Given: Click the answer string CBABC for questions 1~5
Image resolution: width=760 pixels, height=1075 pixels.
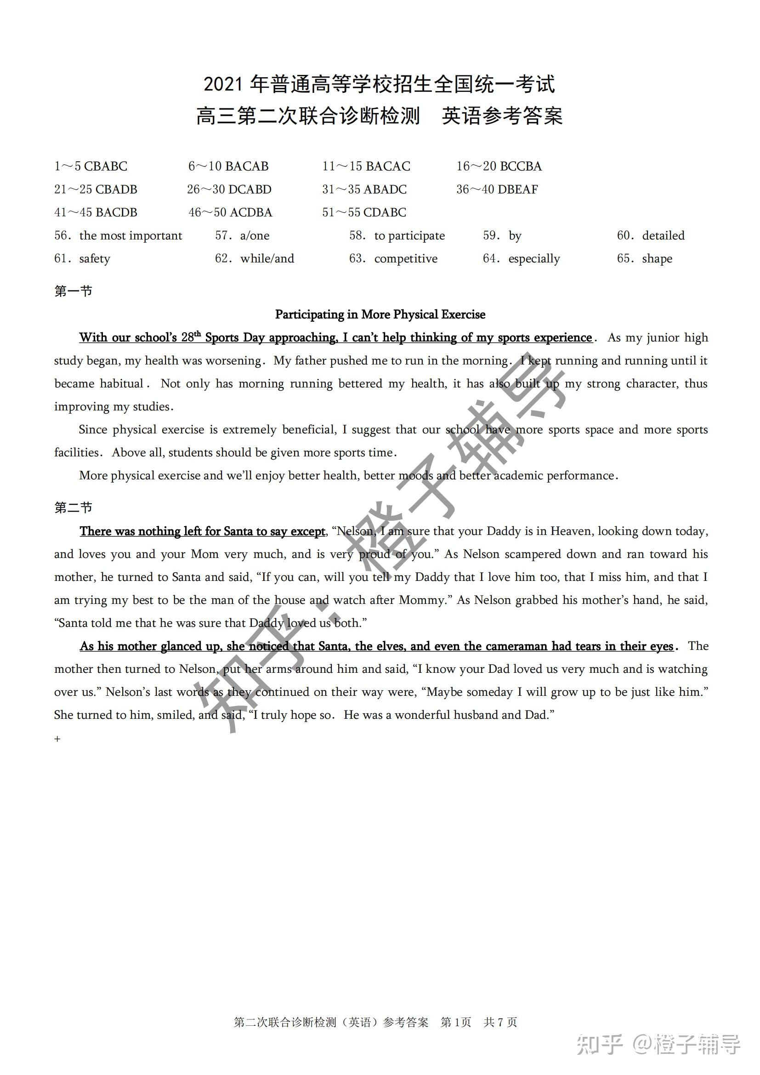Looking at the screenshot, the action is pyautogui.click(x=105, y=166).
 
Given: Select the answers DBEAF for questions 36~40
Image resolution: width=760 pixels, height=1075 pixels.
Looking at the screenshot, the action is pyautogui.click(x=517, y=189).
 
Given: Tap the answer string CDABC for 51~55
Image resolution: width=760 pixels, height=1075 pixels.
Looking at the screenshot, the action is pyautogui.click(x=384, y=213).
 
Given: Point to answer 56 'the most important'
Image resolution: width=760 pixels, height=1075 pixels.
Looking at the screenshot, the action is pyautogui.click(x=130, y=235).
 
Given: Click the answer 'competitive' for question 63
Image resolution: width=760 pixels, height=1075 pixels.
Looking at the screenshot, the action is pyautogui.click(x=406, y=258).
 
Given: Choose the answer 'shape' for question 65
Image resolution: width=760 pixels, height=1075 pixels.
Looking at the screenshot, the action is pyautogui.click(x=657, y=258).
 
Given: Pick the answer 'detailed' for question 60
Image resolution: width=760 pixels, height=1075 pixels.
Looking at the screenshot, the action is pyautogui.click(x=663, y=235).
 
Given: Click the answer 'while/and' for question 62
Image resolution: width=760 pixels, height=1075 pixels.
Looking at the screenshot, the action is pyautogui.click(x=267, y=258).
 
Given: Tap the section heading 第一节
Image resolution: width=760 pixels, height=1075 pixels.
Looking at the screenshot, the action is pyautogui.click(x=74, y=291).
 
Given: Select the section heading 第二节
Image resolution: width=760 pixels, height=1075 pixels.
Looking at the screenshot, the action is pyautogui.click(x=74, y=507).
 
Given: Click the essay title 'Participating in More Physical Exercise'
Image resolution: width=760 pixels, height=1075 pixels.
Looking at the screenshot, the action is pyautogui.click(x=380, y=315).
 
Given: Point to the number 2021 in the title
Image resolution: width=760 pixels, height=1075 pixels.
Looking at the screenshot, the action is pyautogui.click(x=223, y=84).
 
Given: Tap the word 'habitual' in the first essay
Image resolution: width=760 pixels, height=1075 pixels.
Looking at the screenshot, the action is pyautogui.click(x=122, y=383).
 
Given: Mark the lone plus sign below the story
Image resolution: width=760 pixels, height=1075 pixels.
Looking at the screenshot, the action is pyautogui.click(x=57, y=739).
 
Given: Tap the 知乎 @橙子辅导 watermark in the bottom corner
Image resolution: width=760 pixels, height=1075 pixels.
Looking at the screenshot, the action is pyautogui.click(x=658, y=1044).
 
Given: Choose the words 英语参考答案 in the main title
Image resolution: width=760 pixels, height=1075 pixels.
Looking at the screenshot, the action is pyautogui.click(x=502, y=116).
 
